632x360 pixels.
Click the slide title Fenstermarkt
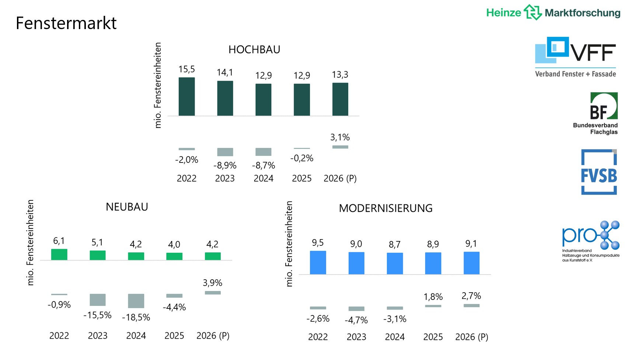pyautogui.click(x=66, y=23)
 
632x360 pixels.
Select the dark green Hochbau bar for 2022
pyautogui.click(x=186, y=97)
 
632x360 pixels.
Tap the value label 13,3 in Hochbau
pyautogui.click(x=340, y=75)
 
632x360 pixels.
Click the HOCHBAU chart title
pyautogui.click(x=254, y=49)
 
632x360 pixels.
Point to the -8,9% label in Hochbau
pyautogui.click(x=225, y=165)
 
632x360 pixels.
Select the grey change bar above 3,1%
pyautogui.click(x=340, y=147)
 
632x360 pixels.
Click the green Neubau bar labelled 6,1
pyautogui.click(x=59, y=255)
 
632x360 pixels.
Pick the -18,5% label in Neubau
pyautogui.click(x=136, y=317)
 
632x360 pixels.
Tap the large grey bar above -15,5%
pyautogui.click(x=98, y=300)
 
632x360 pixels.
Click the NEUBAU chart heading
pyautogui.click(x=127, y=207)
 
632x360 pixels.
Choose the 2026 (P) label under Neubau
pyautogui.click(x=213, y=336)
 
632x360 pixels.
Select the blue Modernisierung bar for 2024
pyautogui.click(x=395, y=263)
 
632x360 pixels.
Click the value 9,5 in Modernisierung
pyautogui.click(x=318, y=243)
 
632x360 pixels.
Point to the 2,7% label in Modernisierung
pyautogui.click(x=471, y=296)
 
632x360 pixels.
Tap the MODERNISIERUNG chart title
pyautogui.click(x=385, y=208)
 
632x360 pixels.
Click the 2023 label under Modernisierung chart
pyautogui.click(x=356, y=337)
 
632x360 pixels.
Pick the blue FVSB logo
pyautogui.click(x=599, y=172)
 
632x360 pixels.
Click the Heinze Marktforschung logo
pyautogui.click(x=553, y=13)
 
